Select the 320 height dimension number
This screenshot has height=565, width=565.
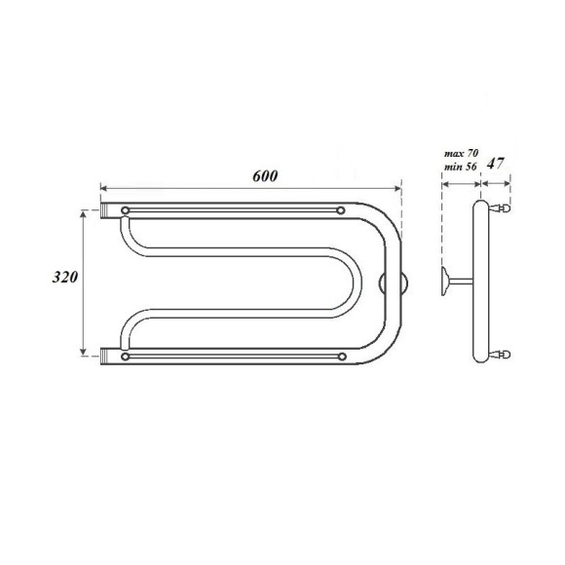coord(66,278)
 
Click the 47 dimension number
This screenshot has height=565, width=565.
coord(495,163)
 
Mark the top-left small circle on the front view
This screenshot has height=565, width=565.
coord(126,209)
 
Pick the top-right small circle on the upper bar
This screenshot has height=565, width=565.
coord(339,209)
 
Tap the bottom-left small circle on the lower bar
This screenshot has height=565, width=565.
coord(126,357)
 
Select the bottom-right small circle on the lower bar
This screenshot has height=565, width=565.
coord(339,357)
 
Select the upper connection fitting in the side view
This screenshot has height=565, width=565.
coord(501,207)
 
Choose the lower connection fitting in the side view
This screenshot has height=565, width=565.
coord(501,356)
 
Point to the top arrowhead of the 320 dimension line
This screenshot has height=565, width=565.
coord(82,212)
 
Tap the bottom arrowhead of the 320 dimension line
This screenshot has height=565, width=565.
coord(82,354)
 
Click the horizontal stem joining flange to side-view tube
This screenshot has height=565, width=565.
coord(462,282)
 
